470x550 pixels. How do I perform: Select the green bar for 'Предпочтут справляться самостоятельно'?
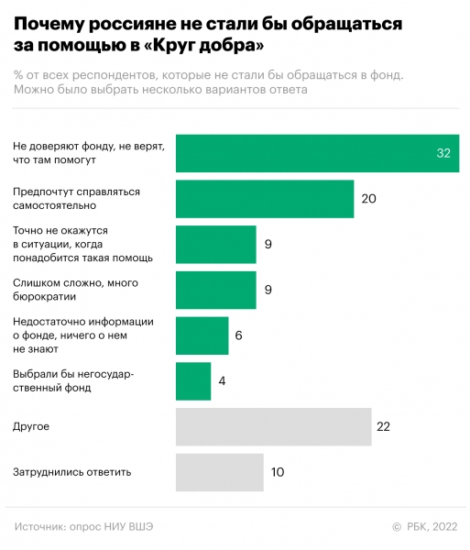[264, 199]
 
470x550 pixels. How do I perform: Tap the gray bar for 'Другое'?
[273, 427]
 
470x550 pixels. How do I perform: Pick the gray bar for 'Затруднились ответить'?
[219, 472]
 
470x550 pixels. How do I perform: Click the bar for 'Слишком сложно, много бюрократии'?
[215, 290]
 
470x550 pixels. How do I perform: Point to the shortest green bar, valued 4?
[192, 381]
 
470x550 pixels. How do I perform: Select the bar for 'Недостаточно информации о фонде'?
[202, 335]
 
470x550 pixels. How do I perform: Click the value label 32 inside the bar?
[443, 153]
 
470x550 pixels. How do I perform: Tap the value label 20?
[369, 199]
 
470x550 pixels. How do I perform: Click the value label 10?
[279, 472]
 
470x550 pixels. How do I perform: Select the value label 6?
[238, 335]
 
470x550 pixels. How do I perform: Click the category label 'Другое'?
[31, 427]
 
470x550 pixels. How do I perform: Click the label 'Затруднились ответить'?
[72, 472]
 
